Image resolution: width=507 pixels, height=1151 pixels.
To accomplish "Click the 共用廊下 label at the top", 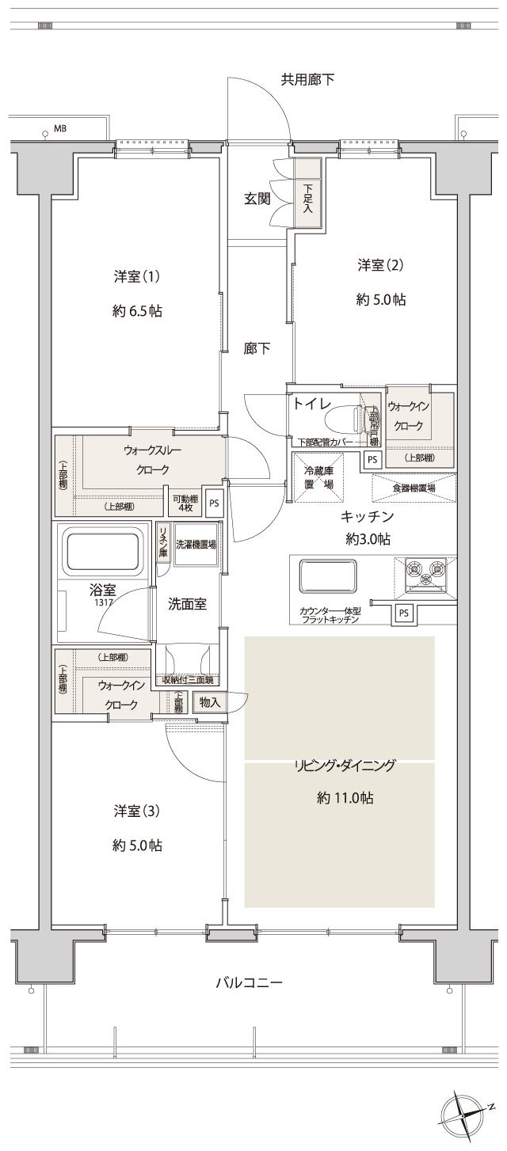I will click(307, 79).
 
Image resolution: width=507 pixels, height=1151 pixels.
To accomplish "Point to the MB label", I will click(60, 128).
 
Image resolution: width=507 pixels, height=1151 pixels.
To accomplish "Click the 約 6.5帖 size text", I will click(137, 311).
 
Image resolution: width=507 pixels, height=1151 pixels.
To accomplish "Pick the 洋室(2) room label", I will click(380, 264).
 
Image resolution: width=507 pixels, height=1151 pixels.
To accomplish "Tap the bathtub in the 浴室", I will click(103, 551).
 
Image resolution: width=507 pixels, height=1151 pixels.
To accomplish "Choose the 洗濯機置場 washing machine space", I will click(195, 545).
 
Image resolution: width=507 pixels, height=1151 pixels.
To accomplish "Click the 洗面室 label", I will click(188, 604).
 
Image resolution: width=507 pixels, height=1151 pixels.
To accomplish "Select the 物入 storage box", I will click(209, 702).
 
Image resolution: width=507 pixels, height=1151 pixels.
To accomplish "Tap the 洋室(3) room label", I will click(137, 811).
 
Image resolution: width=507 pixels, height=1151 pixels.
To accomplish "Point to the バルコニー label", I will click(250, 983).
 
